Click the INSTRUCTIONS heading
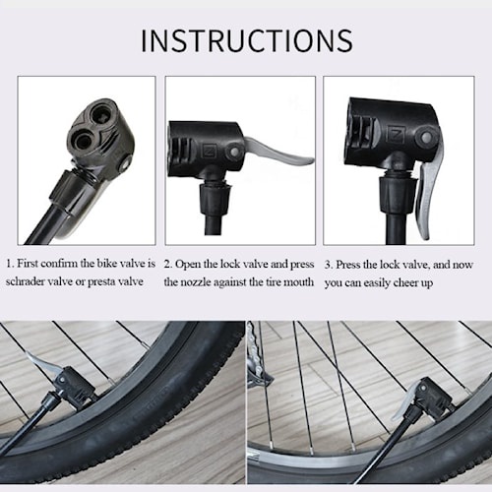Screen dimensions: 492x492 [x=246, y=40]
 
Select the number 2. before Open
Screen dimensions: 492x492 [x=169, y=264]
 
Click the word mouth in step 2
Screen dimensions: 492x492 [x=297, y=281]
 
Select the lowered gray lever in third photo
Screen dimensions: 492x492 [x=427, y=192]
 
